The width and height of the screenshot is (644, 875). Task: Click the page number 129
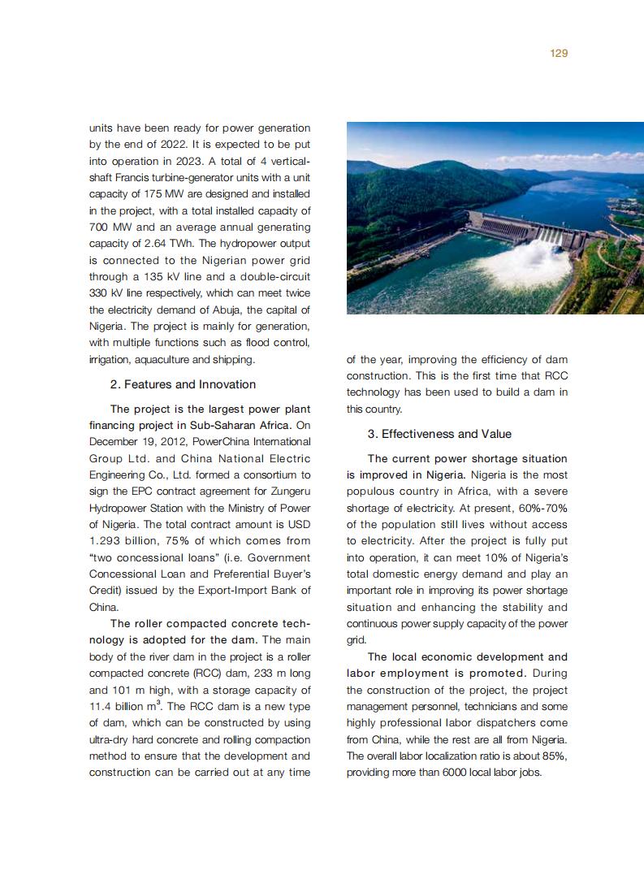coord(558,53)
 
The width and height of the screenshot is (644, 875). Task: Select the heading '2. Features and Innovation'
coord(183,384)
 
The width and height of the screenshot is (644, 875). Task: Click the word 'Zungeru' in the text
coord(288,491)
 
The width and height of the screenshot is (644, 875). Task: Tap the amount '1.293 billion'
coord(122,540)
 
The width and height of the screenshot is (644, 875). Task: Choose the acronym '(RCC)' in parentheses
coord(205,674)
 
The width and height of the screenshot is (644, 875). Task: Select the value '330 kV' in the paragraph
coord(106,292)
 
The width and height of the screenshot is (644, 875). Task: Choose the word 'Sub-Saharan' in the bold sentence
coord(201,425)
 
